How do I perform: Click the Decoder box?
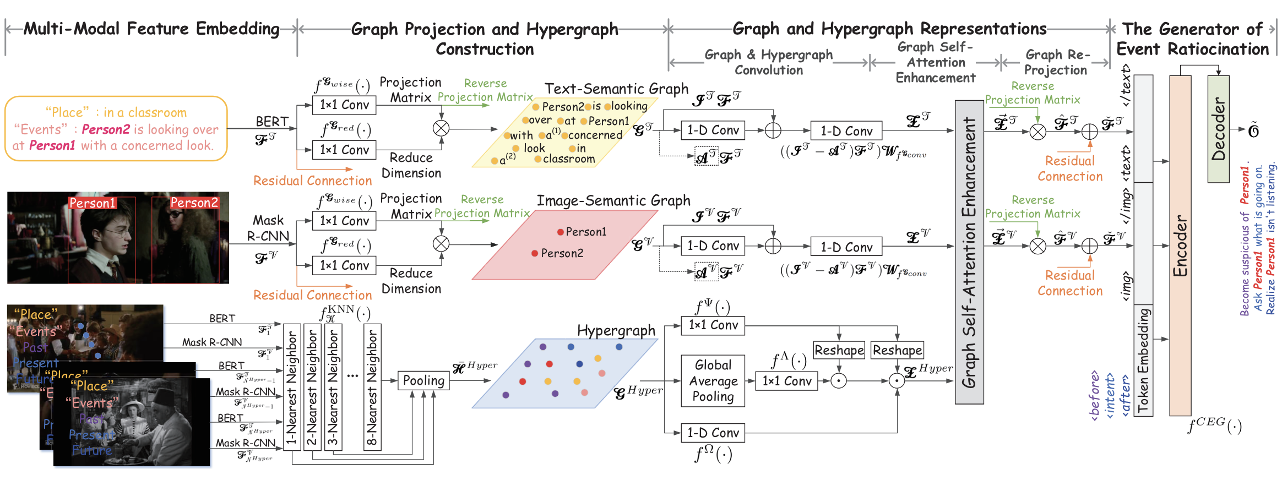(1218, 129)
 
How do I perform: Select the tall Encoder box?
(1180, 246)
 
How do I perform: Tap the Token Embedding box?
(1143, 361)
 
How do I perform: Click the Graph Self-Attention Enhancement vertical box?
(969, 252)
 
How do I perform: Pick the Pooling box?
(423, 380)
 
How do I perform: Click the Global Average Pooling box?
(713, 381)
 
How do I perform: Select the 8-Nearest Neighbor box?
(372, 387)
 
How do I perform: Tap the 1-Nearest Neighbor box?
(292, 387)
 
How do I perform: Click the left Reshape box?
(839, 350)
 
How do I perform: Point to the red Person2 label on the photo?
(194, 203)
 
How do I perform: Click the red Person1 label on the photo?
(93, 203)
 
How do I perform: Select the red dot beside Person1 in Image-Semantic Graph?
(560, 232)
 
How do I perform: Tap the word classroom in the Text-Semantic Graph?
(568, 159)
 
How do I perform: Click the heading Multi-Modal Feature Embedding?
(151, 29)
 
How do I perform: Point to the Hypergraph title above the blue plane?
(616, 330)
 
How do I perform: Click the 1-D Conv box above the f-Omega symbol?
(713, 433)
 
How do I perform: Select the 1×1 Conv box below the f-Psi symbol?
(713, 325)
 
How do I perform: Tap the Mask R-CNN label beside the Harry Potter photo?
(268, 228)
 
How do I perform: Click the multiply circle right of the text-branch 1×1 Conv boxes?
(441, 128)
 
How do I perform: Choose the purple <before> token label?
(1095, 395)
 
